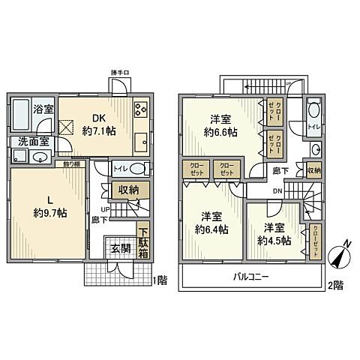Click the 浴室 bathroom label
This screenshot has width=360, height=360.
click(x=42, y=109)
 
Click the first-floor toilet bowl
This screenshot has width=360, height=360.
click(x=135, y=169)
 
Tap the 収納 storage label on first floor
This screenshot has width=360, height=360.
click(x=127, y=190)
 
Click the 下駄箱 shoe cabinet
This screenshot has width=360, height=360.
click(x=143, y=241)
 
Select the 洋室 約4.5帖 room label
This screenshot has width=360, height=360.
click(x=272, y=234)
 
